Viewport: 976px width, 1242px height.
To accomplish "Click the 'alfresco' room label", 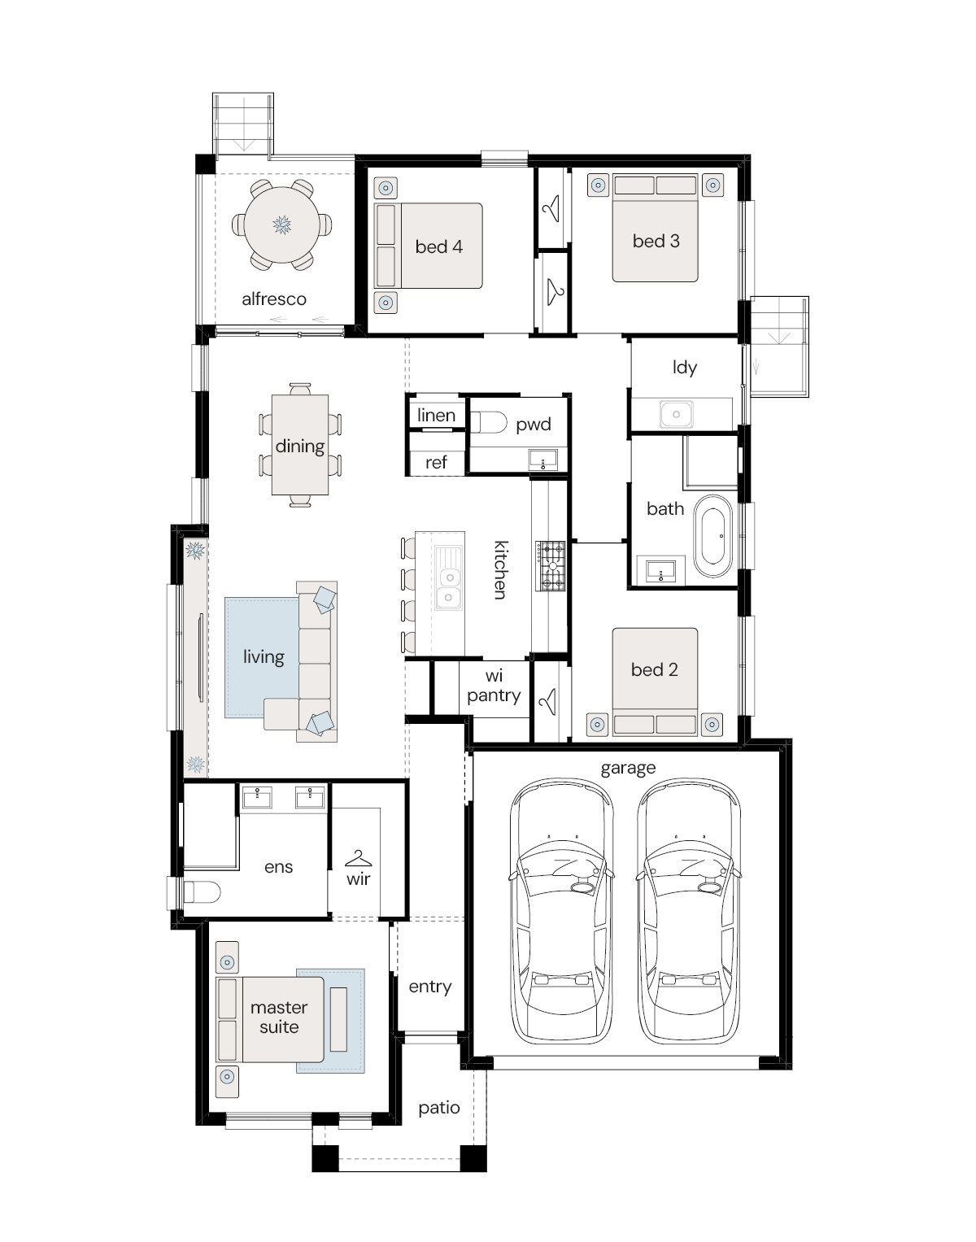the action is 274,299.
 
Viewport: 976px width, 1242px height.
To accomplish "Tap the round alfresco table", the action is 282,224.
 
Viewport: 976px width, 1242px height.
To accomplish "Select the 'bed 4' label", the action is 439,247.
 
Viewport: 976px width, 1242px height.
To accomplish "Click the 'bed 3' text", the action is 656,242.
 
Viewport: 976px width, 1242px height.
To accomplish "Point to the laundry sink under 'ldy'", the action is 677,414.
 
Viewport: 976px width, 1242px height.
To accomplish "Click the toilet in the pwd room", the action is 489,424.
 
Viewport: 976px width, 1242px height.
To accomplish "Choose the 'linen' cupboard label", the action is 436,416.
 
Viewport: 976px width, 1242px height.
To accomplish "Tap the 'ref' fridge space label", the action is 436,462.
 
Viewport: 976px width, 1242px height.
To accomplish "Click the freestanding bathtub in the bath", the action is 712,535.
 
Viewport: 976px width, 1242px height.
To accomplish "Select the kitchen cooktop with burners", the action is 551,566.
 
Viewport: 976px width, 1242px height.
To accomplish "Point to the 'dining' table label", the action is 300,447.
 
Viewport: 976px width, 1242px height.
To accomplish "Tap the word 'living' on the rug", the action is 264,657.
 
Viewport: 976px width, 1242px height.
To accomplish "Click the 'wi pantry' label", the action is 495,686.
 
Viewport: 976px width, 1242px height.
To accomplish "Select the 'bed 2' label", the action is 654,669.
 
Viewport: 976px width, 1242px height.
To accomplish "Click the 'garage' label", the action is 628,769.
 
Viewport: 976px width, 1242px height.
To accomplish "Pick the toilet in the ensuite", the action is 202,891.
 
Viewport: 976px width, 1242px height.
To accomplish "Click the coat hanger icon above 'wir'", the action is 359,858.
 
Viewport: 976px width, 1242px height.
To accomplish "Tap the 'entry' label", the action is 430,987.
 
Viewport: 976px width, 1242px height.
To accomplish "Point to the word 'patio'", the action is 439,1109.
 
